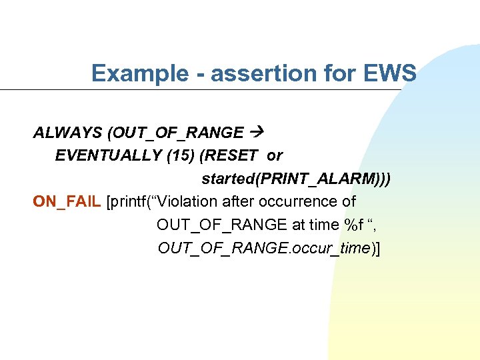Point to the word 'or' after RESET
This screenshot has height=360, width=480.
click(x=275, y=155)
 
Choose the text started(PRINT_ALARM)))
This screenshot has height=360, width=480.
click(x=296, y=179)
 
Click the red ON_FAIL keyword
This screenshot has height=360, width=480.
click(x=67, y=201)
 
